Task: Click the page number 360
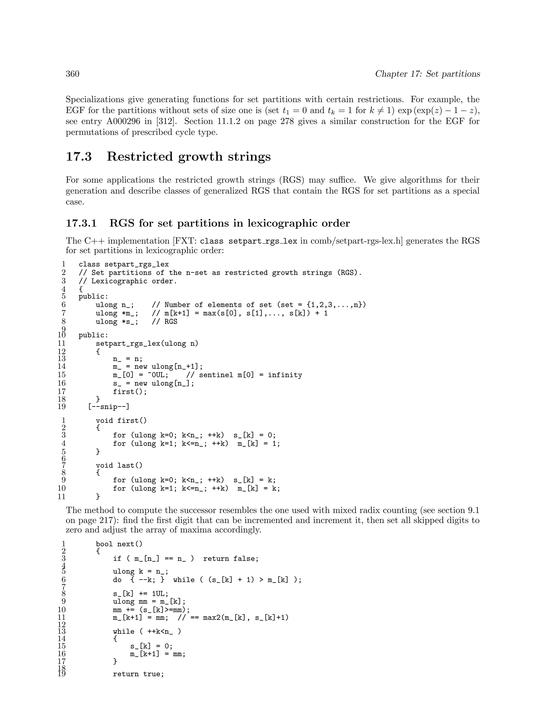tap(73, 74)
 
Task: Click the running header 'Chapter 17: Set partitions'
tap(427, 74)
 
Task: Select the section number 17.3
tap(79, 157)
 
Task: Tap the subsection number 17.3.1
tap(81, 223)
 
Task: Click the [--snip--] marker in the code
tap(109, 407)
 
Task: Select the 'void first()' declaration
tap(121, 421)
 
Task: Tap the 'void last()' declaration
tap(119, 465)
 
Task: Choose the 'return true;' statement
tap(138, 674)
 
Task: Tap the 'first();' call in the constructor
tap(129, 392)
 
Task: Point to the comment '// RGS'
tap(164, 322)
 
